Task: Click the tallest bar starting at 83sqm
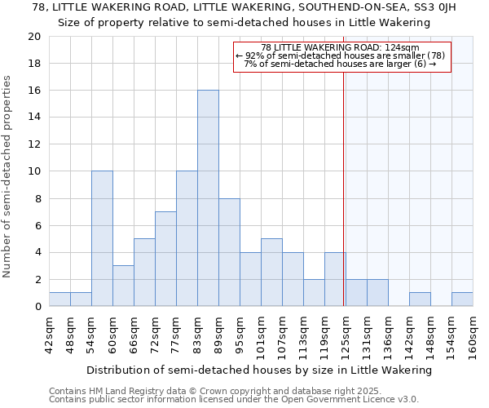coord(208,198)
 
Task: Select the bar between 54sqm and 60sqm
coord(102,238)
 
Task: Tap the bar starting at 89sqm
coord(229,252)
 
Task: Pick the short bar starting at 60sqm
coord(123,286)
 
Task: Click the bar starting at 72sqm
coord(165,259)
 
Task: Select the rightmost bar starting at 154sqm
coord(462,299)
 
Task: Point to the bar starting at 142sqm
coord(420,299)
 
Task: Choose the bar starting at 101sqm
coord(271,273)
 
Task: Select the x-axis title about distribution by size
coord(258,370)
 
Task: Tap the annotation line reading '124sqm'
coord(341,48)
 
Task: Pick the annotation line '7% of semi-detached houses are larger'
coord(341,64)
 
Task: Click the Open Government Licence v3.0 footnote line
coord(234,400)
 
